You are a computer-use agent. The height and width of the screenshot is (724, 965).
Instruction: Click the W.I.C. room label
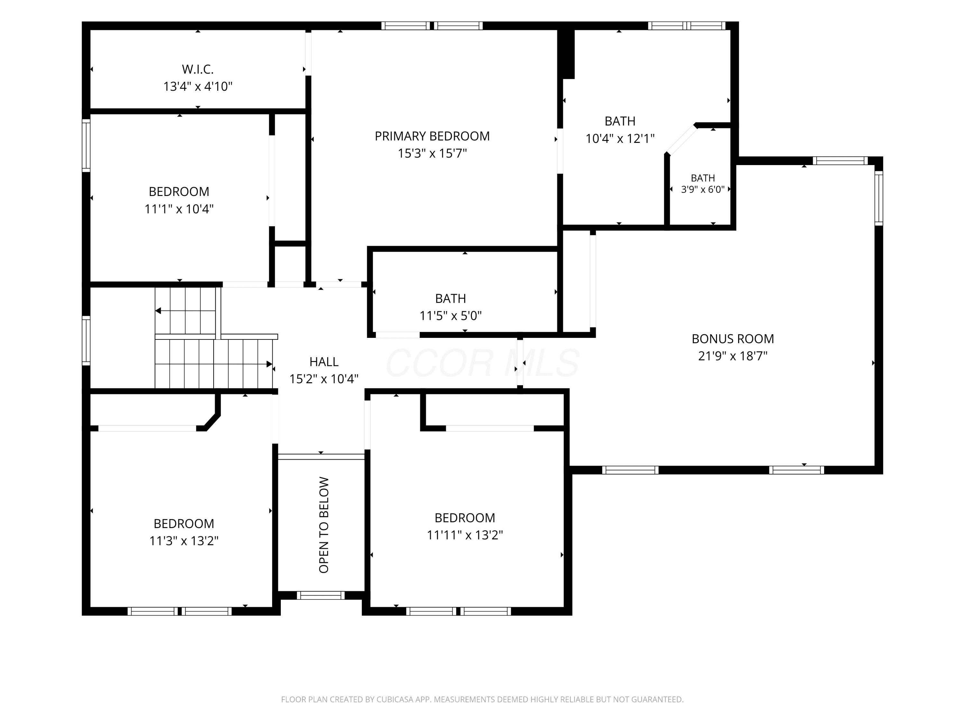pyautogui.click(x=198, y=69)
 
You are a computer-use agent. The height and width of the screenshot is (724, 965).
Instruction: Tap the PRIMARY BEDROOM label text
pyautogui.click(x=432, y=136)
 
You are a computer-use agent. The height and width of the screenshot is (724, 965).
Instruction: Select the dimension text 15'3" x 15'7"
pyautogui.click(x=432, y=153)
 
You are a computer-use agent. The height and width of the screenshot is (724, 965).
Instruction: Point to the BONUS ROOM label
pyautogui.click(x=732, y=339)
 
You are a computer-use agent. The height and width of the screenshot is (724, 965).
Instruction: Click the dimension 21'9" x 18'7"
pyautogui.click(x=732, y=356)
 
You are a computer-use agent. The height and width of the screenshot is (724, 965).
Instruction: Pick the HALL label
pyautogui.click(x=324, y=362)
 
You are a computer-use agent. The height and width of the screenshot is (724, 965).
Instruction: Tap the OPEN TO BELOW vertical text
pyautogui.click(x=324, y=525)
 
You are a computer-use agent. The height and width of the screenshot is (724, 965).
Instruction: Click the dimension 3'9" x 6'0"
pyautogui.click(x=703, y=190)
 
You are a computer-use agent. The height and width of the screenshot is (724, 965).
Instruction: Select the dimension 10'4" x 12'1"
pyautogui.click(x=620, y=139)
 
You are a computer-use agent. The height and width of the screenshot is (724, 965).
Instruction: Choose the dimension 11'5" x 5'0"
pyautogui.click(x=451, y=316)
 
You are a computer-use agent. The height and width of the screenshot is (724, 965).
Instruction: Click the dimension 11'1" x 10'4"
pyautogui.click(x=179, y=209)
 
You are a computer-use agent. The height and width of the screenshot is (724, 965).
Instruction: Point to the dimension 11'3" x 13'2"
pyautogui.click(x=184, y=541)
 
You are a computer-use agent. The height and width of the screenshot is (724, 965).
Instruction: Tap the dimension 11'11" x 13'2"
pyautogui.click(x=464, y=535)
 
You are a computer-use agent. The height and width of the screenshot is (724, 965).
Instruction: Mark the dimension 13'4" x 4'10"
pyautogui.click(x=198, y=87)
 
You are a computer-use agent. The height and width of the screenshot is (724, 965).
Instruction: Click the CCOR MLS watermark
pyautogui.click(x=482, y=363)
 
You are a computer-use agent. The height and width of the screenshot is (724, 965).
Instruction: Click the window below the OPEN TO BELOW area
pyautogui.click(x=321, y=595)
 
